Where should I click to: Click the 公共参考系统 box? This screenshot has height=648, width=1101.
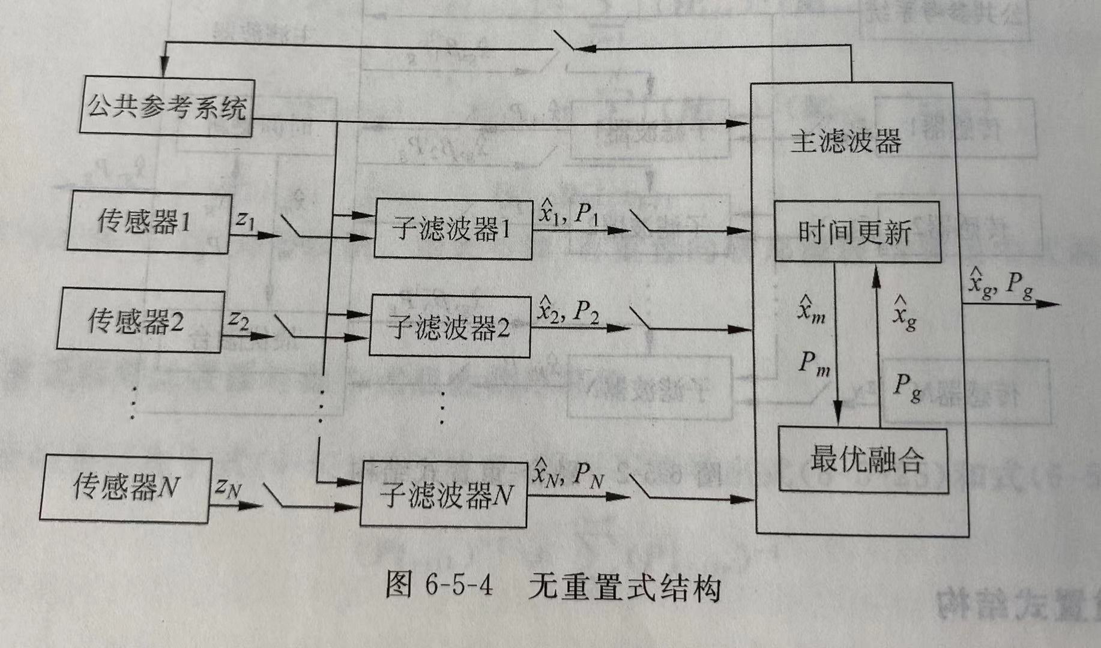coord(166,107)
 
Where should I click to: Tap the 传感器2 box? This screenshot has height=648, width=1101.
coord(140,320)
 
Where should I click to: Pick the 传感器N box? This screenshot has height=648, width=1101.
coord(125,487)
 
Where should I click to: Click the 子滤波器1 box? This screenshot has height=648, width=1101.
coord(453,229)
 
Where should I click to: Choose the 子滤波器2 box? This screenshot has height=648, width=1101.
coord(449,327)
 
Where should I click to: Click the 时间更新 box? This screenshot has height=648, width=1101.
coord(857,232)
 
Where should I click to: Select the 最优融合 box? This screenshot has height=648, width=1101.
coord(863,460)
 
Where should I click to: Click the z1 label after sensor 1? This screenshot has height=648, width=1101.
coord(245,220)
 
